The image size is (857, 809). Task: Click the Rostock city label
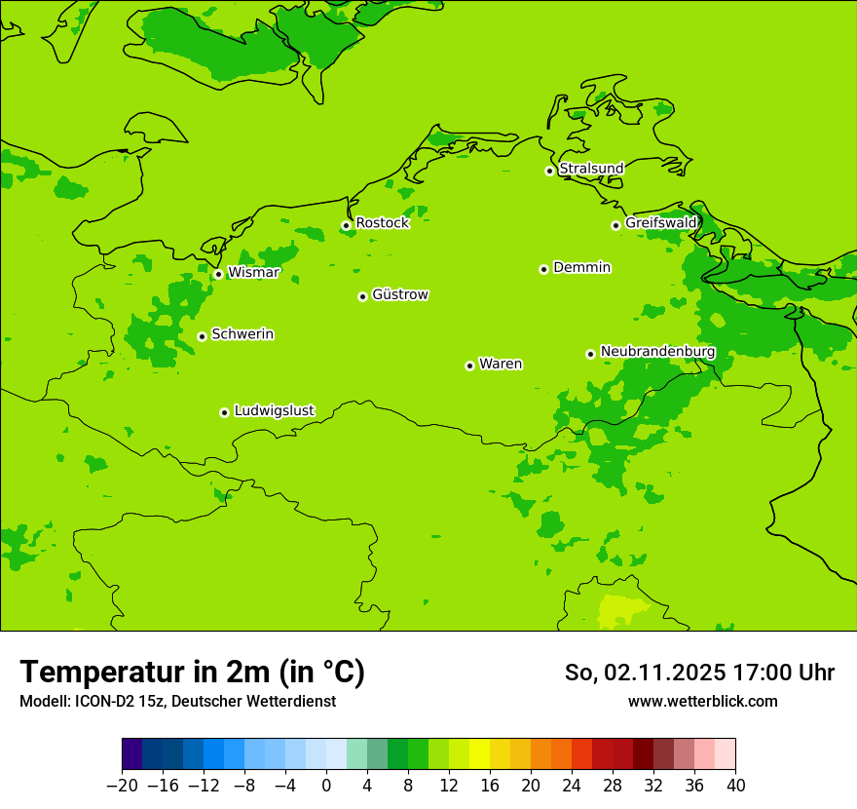[382, 223]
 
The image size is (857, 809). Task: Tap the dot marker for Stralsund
[549, 171]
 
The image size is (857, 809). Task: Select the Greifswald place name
[661, 223]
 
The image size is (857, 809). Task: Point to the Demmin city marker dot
[543, 269]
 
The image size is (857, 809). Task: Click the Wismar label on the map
[253, 273]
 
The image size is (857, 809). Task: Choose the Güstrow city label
[400, 294]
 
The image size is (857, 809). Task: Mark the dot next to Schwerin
[202, 336]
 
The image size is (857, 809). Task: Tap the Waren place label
[501, 365]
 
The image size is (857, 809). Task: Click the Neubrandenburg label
[657, 352]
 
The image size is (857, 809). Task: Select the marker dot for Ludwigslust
[224, 412]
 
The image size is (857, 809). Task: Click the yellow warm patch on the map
[621, 609]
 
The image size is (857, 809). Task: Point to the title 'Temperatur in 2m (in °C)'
[192, 672]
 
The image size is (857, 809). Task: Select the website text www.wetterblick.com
[702, 701]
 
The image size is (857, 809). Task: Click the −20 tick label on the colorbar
[122, 786]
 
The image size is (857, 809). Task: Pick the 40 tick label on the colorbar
[735, 786]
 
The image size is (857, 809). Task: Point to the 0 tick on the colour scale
[326, 786]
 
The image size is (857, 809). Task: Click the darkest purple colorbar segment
[132, 754]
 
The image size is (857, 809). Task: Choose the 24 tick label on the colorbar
[572, 786]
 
